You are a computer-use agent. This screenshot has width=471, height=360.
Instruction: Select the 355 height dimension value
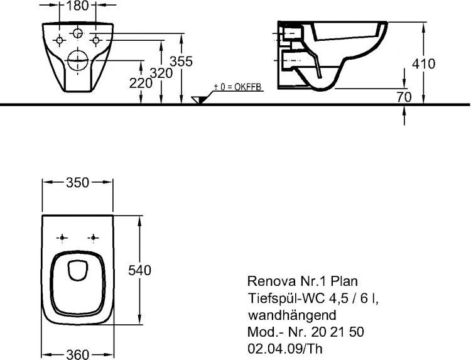coord(182,61)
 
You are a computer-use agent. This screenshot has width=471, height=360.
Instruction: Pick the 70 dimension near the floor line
coord(404,97)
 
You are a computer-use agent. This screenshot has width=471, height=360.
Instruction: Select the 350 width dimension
coord(78,183)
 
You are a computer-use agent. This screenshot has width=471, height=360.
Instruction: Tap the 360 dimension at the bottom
coord(78,354)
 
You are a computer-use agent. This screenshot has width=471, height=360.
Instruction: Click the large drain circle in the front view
coord(78,60)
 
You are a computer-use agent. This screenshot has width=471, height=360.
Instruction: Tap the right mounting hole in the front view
coord(96,40)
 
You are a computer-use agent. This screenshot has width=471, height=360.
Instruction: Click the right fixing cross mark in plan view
coord(94,237)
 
